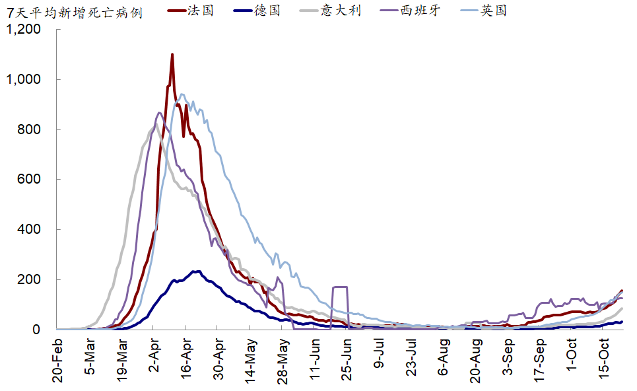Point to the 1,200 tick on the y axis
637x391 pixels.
point(24,30)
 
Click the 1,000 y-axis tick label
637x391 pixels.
point(24,80)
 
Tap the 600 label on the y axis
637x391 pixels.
point(30,180)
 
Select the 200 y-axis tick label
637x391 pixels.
point(30,279)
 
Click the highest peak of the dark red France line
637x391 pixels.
point(172,55)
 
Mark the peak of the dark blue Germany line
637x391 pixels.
point(196,271)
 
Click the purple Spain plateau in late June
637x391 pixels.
point(340,287)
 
